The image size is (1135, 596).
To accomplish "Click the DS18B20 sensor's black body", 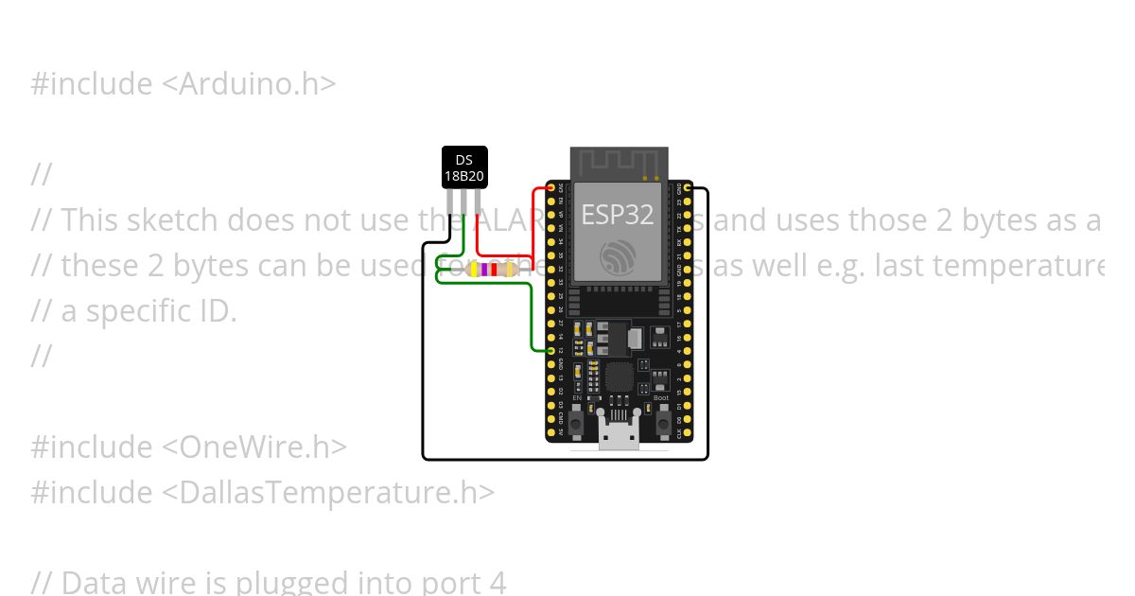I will [464, 167].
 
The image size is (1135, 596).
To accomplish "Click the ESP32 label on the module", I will [617, 215].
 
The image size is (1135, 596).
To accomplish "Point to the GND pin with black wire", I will [688, 188].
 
